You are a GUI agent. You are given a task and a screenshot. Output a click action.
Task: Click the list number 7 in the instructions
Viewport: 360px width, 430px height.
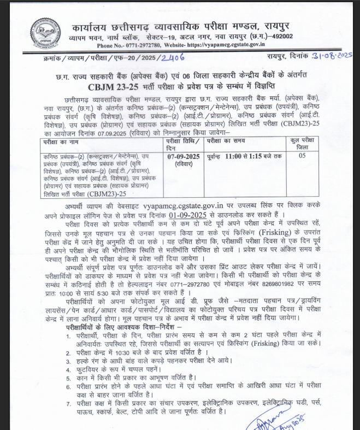click(x=68, y=403)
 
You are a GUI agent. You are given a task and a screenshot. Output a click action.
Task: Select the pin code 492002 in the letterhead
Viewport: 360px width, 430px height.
click(x=280, y=37)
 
